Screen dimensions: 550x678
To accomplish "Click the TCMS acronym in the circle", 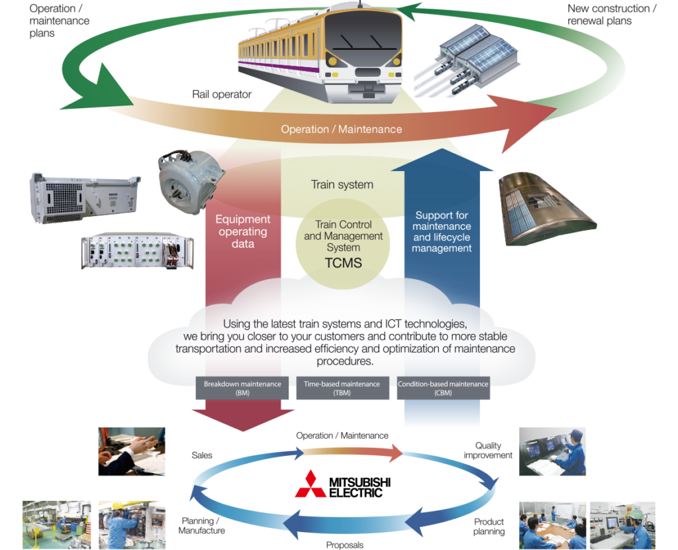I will tap(342, 262).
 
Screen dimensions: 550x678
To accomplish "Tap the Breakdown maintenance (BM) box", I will tap(242, 388).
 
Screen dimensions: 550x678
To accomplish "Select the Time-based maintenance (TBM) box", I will tap(342, 388).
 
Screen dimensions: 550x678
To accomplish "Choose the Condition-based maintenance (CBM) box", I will tap(443, 388).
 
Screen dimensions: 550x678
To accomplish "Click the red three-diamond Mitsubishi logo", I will tap(311, 484).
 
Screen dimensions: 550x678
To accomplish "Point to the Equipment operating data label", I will tap(242, 231).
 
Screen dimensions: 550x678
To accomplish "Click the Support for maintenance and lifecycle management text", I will tap(442, 232).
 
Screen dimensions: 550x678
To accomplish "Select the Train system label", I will tap(342, 185).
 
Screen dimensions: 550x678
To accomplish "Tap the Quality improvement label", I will tap(488, 451).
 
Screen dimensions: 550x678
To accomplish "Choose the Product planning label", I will tap(489, 526).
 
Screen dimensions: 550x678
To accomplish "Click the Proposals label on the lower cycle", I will tap(344, 545).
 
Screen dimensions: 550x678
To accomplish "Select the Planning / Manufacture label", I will tap(203, 525).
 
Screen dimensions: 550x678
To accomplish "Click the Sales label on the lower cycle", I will tap(202, 455).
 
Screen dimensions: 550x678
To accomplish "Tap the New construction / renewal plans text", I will tap(612, 15).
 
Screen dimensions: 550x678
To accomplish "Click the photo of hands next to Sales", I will tap(131, 451).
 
